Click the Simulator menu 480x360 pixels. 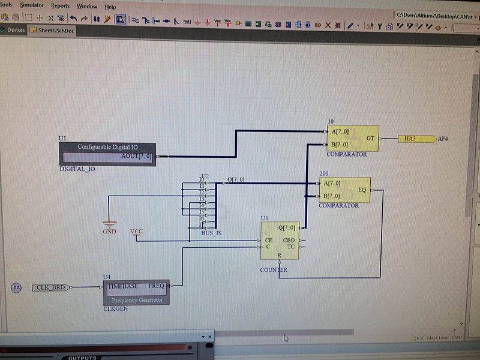32,5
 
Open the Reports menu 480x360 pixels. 60,6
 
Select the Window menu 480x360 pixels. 87,6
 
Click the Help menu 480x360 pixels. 110,7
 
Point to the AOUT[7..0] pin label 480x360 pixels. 136,156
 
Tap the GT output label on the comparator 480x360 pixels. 370,138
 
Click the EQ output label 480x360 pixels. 362,190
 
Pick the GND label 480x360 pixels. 109,231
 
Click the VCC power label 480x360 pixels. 137,231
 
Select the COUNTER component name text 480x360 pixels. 274,270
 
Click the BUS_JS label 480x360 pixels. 211,232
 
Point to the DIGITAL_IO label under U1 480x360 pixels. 77,169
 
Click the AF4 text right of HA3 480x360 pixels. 443,139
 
